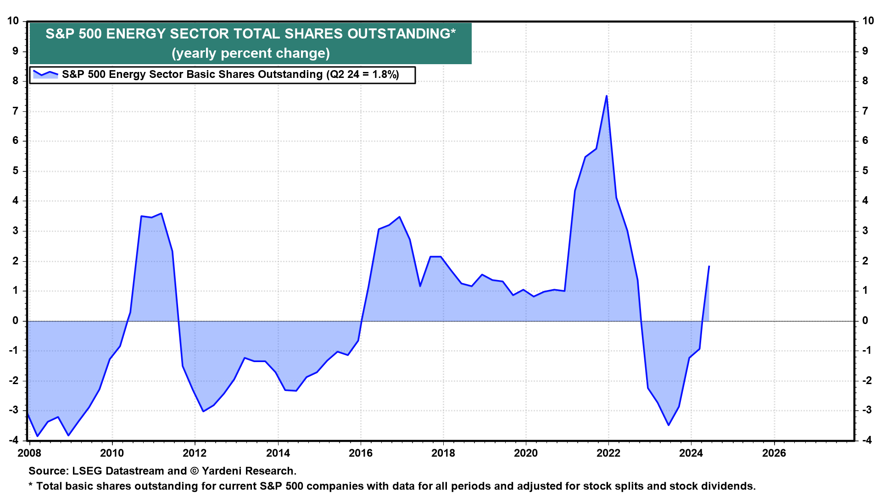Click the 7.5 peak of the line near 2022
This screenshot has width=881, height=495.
coord(607,96)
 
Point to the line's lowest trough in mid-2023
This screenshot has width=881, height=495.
coord(669,425)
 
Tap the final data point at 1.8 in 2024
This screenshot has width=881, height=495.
coord(709,266)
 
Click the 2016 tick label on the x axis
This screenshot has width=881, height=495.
coord(361,453)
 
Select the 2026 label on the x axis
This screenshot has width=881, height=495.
coord(774,453)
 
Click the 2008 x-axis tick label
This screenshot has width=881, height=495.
coord(29,453)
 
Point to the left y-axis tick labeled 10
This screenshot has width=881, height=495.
coord(13,21)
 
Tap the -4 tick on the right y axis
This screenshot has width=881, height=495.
coord(866,440)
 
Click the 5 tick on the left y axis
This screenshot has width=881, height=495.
coord(16,170)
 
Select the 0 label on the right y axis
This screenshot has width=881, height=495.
coord(865,320)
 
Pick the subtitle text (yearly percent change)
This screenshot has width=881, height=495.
coord(251,53)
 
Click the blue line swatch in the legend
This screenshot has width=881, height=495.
coord(45,74)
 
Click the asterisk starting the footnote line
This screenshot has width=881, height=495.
coord(31,485)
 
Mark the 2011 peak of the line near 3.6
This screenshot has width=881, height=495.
coord(161,213)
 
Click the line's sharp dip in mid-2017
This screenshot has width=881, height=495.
coord(420,286)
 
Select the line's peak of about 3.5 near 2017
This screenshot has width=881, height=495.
coord(399,217)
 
